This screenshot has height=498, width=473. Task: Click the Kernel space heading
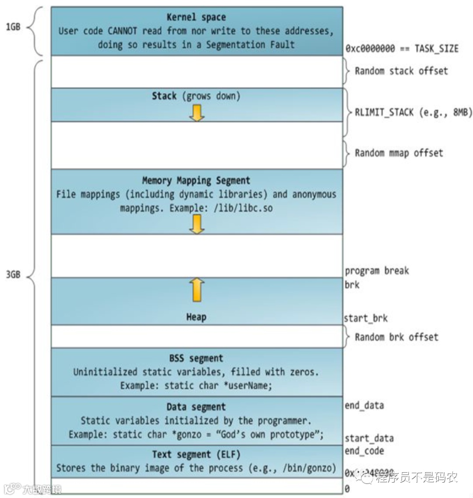coord(196,18)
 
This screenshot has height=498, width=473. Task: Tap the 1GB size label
coord(13,27)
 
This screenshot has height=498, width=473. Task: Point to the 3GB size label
coord(13,275)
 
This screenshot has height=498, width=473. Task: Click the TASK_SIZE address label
coord(402,49)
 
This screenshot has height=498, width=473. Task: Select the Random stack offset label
coord(401,71)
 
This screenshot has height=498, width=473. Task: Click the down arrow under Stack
coord(197,113)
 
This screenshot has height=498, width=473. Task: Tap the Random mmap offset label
coord(399,153)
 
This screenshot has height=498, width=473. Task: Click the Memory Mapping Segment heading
coord(196,180)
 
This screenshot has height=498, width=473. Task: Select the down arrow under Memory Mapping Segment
coord(197,224)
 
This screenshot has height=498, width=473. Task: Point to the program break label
coord(377,271)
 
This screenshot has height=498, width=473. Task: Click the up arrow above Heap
coord(197,290)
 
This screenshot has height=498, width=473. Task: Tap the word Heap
coord(196,317)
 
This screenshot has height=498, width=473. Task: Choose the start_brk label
coord(366,318)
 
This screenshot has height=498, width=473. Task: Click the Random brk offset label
coord(396,337)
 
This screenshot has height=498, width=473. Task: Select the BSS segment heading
coord(196,358)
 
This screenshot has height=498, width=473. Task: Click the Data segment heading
coord(196,407)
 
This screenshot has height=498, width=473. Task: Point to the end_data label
coord(364,406)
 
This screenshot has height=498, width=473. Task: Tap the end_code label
coord(364,451)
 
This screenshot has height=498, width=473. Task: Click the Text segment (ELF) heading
coord(196,454)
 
